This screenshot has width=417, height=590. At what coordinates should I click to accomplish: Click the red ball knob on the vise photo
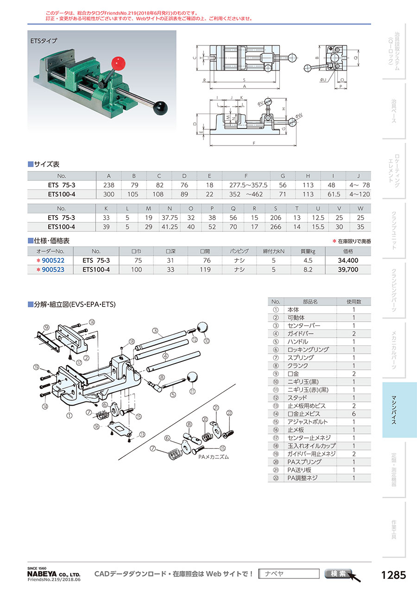pos(118,63)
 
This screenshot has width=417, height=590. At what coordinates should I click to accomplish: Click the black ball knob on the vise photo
pos(160,108)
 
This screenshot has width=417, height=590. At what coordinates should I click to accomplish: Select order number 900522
pos(53,260)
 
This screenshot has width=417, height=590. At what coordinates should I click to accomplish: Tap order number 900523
pos(53,269)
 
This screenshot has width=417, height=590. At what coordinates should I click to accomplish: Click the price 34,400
pos(348,260)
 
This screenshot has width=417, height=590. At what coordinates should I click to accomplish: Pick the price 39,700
pos(348,269)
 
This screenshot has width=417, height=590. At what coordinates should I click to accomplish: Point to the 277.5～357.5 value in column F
pos(248,185)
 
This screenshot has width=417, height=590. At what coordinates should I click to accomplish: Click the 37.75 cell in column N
pos(170,217)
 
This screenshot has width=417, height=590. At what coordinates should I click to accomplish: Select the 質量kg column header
pos(308,251)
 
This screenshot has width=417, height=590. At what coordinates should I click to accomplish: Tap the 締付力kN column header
pos(273,251)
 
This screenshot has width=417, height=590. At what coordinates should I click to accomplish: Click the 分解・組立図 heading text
pos(51,305)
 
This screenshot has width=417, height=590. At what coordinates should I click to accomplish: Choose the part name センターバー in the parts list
pos(304,325)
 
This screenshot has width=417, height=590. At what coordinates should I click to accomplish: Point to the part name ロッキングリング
pos(308,349)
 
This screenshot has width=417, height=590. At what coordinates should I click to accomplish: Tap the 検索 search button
pos(339,573)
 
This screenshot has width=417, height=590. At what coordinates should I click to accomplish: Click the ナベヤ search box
pos(289,573)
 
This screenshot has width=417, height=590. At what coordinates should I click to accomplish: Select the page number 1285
pos(393,575)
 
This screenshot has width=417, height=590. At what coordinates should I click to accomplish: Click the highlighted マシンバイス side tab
pos(399,410)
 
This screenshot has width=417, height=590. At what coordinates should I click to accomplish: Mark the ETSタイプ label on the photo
pos(44,41)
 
